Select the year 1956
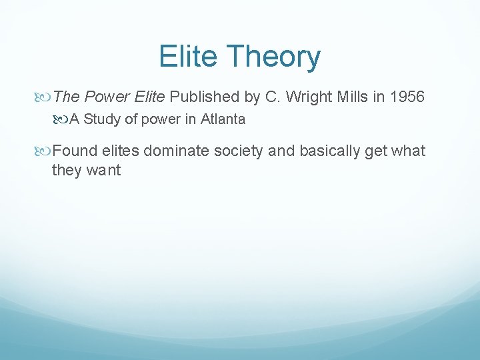tap(407, 97)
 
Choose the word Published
tap(204, 97)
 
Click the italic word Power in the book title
tap(109, 97)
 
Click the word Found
tap(73, 151)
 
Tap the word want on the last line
tap(103, 171)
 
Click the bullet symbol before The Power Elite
tap(45, 97)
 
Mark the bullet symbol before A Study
tap(62, 120)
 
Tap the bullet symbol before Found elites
tap(45, 151)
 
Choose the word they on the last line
tap(67, 171)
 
